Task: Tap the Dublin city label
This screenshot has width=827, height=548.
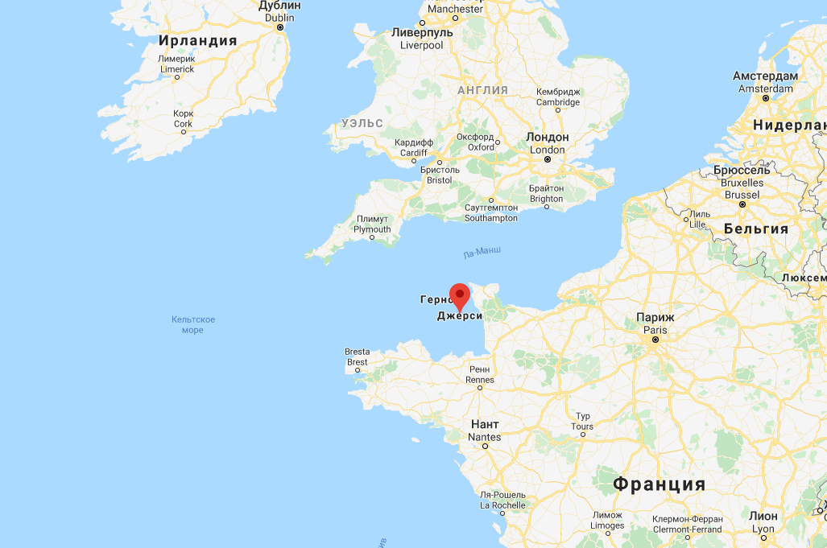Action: click(x=279, y=11)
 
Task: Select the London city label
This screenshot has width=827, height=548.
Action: click(x=547, y=143)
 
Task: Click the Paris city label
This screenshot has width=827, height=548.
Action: click(x=655, y=323)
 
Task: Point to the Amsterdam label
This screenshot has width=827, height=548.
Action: click(x=765, y=82)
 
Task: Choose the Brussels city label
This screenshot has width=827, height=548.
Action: click(x=742, y=183)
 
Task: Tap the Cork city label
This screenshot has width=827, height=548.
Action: click(x=183, y=118)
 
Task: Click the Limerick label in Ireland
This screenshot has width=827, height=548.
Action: click(x=176, y=64)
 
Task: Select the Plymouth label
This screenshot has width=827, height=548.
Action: click(x=372, y=224)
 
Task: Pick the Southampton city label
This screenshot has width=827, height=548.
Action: click(x=490, y=212)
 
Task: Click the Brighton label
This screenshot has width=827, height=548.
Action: click(x=546, y=193)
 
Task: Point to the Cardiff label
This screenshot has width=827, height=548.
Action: click(x=414, y=147)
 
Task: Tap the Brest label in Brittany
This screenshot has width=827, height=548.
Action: click(x=357, y=356)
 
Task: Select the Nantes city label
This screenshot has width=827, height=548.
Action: click(x=484, y=431)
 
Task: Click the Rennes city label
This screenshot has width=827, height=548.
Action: click(x=479, y=374)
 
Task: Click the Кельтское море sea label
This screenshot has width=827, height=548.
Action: click(x=193, y=324)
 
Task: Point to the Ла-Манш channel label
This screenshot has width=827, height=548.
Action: click(x=482, y=253)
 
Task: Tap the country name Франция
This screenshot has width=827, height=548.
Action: click(x=659, y=484)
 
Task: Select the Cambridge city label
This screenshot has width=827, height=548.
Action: click(x=558, y=97)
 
